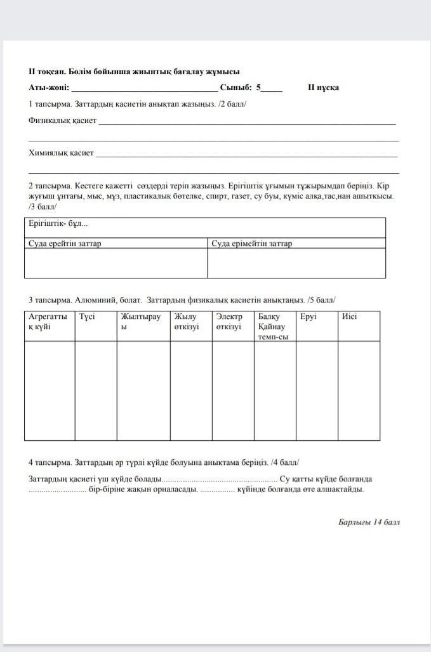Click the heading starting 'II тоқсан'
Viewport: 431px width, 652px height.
point(133,72)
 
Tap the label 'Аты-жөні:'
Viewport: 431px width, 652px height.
point(49,88)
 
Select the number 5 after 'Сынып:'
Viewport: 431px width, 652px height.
point(259,88)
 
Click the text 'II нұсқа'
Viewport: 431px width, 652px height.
point(323,88)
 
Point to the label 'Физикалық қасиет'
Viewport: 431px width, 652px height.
point(62,120)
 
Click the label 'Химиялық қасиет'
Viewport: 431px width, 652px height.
point(61,153)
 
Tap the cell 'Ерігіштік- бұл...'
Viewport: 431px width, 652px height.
point(58,224)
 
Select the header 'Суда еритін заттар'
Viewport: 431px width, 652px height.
point(65,244)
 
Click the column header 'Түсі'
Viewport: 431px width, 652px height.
point(87,316)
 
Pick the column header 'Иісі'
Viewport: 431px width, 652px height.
point(349,316)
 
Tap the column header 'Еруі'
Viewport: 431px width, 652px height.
point(308,316)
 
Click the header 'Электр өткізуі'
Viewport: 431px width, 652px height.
point(229,322)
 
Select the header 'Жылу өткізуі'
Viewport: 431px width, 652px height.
point(187,322)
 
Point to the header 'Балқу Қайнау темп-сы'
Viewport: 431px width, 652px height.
point(273,326)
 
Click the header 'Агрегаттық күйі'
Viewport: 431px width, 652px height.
point(48,322)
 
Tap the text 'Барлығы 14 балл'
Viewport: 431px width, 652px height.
point(369,523)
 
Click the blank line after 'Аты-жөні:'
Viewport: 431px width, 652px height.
point(145,89)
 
